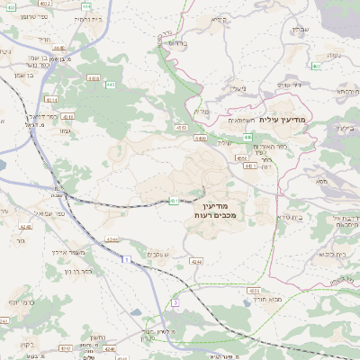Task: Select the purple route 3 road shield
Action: coord(176,302)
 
